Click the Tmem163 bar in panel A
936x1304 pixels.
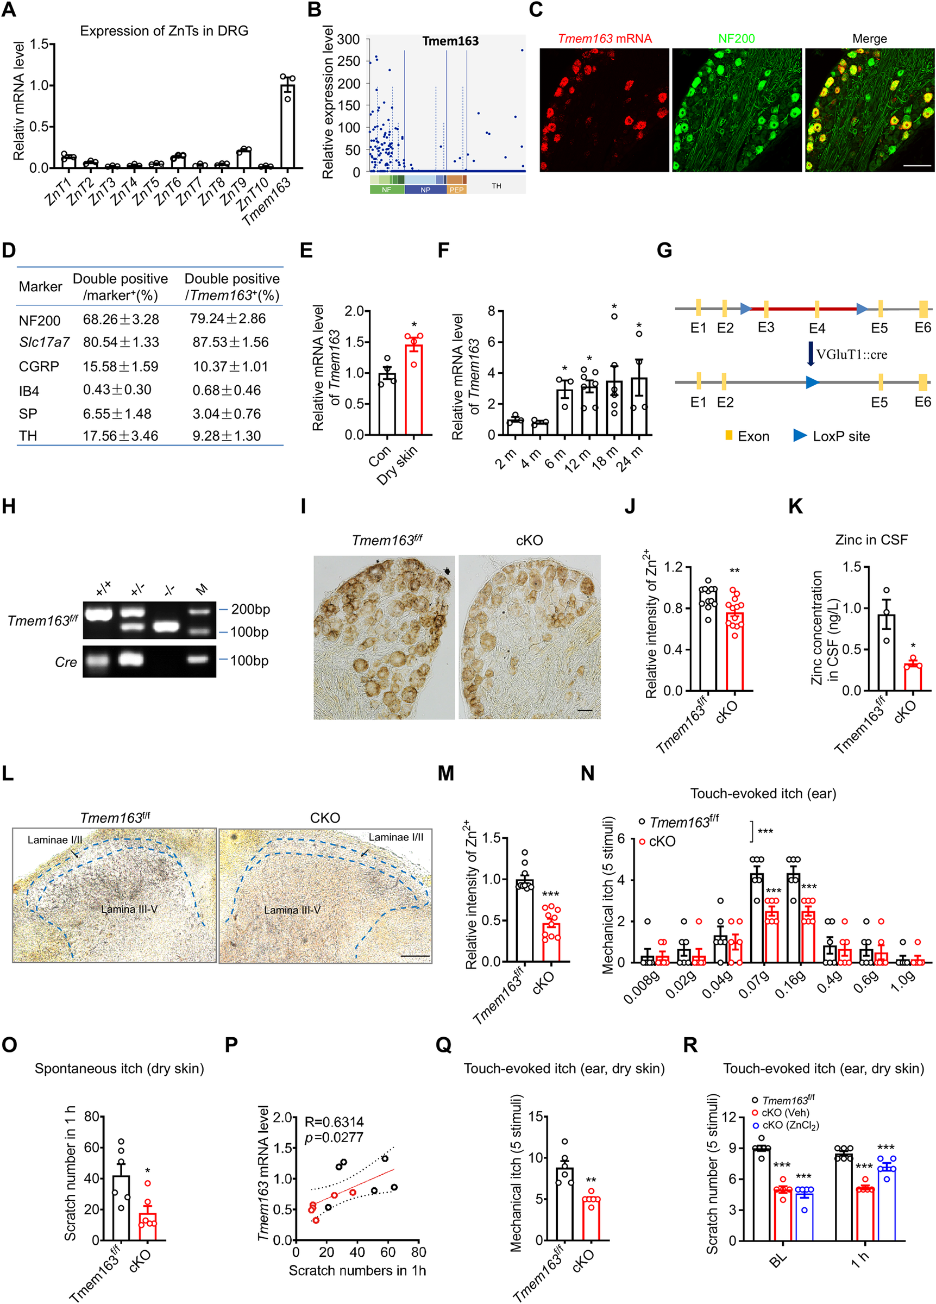pos(287,127)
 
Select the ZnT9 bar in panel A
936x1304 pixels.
pos(244,159)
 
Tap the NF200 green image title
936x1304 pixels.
pos(736,39)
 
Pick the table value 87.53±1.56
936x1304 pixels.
pos(230,342)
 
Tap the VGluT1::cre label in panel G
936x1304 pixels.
pos(851,354)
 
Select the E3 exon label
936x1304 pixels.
pos(766,327)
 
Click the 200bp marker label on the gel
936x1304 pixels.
pos(250,609)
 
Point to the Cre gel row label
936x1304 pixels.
pos(66,662)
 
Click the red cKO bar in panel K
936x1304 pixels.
pos(913,677)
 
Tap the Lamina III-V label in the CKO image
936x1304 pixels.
pos(292,910)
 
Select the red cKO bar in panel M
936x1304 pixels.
pos(551,942)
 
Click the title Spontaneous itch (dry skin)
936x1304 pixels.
pos(119,1068)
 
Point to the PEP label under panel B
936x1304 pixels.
pos(456,190)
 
